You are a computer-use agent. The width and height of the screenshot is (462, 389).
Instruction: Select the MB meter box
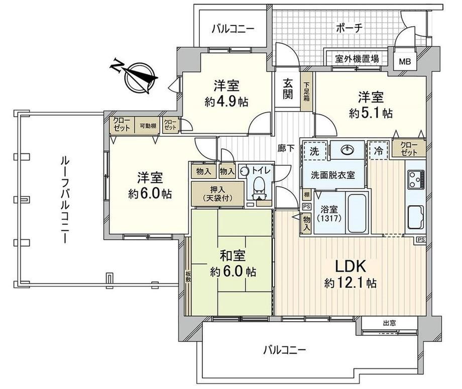(404, 62)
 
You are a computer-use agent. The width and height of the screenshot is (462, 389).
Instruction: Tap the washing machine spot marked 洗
(314, 150)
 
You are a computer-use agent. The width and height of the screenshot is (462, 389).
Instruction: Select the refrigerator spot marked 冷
(378, 150)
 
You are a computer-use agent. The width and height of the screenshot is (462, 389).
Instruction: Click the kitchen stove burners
(416, 178)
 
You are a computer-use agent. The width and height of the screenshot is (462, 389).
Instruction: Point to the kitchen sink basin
(416, 216)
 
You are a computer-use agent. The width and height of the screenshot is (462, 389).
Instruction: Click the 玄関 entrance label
(287, 88)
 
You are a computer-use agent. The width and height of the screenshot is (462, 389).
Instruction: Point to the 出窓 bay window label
(389, 323)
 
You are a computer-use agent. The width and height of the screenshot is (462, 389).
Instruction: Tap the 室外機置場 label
(357, 58)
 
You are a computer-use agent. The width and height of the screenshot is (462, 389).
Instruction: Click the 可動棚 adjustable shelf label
(147, 126)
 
